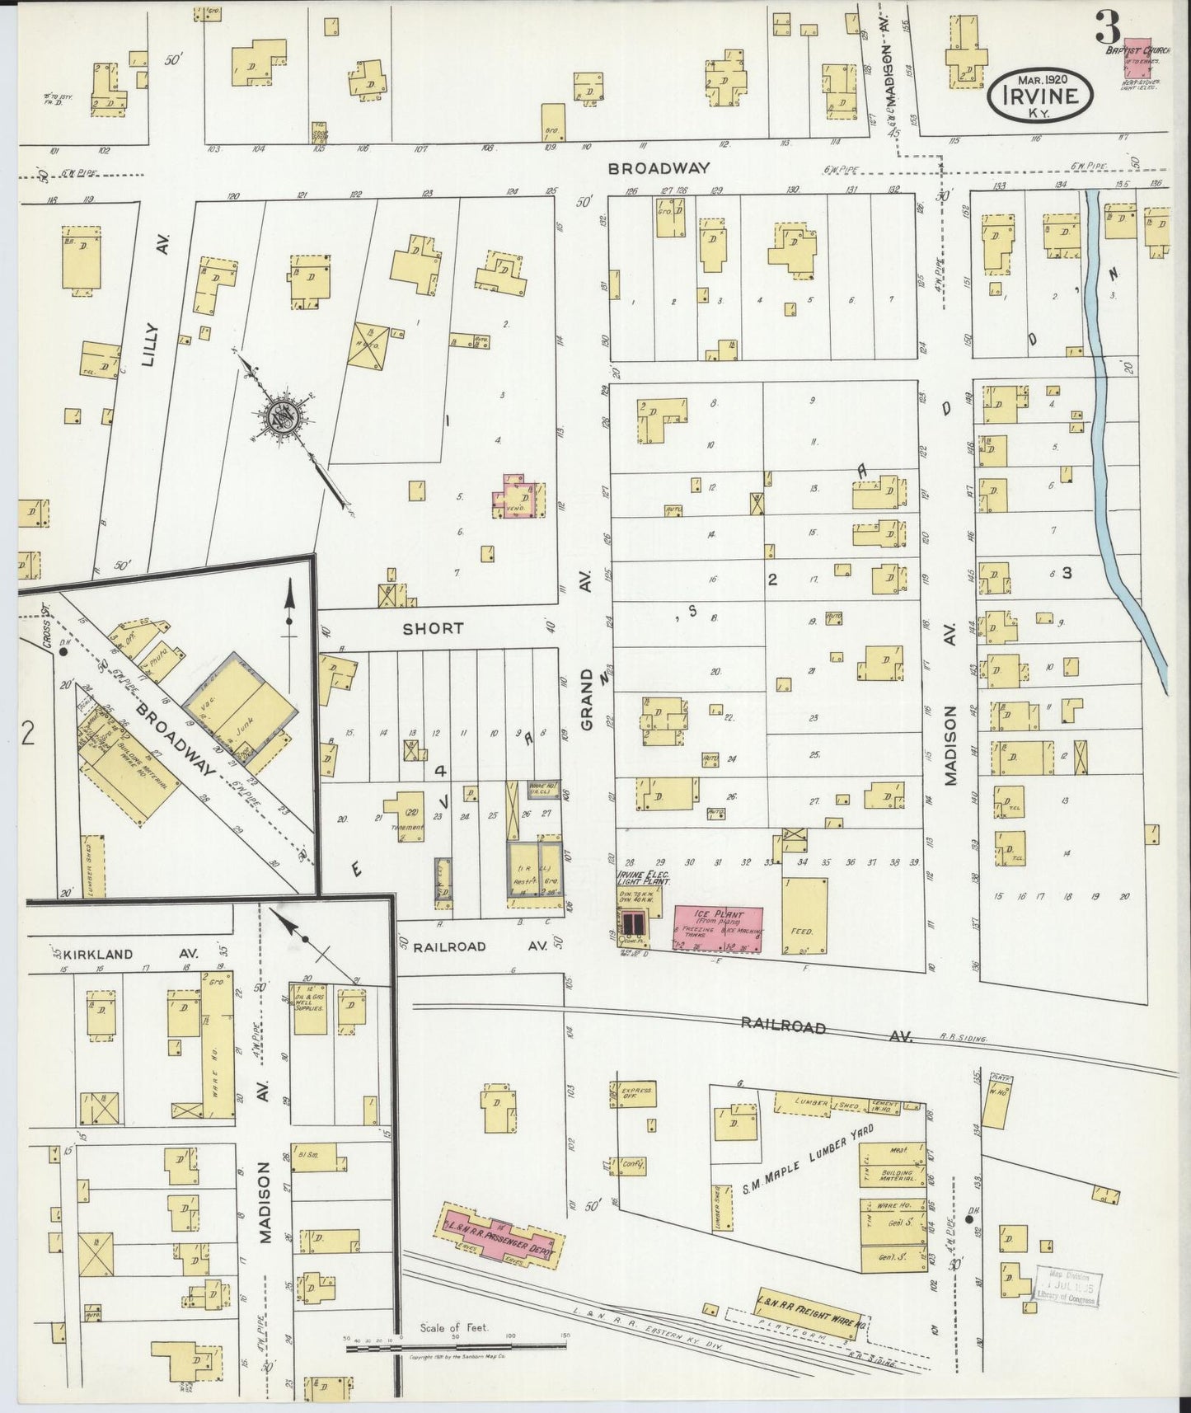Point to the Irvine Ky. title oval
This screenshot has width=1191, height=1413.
click(1041, 95)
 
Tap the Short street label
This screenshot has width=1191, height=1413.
click(433, 628)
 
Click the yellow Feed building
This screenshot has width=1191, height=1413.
click(804, 916)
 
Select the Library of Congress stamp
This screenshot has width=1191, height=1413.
click(1069, 1291)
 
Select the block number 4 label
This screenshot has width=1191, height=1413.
click(441, 771)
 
